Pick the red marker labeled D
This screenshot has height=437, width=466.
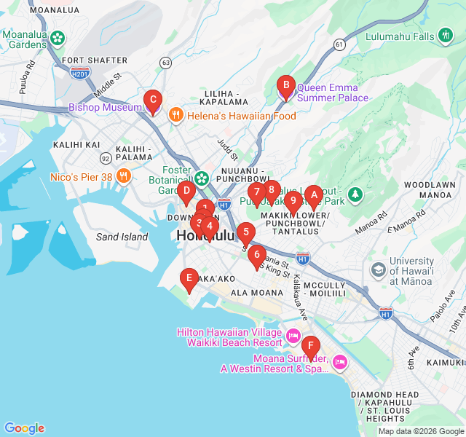(186, 193)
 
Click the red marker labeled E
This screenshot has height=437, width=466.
(189, 278)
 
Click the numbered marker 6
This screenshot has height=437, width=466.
(256, 256)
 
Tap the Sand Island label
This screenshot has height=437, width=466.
(122, 237)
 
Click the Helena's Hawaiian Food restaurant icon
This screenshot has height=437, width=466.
(175, 115)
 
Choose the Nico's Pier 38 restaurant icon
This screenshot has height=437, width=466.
(124, 176)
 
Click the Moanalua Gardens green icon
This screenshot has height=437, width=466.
(58, 37)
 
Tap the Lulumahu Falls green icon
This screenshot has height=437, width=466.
(446, 36)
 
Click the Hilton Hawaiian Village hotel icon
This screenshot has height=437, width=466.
(293, 336)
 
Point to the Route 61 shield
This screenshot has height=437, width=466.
(339, 44)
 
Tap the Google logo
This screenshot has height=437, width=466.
(24, 428)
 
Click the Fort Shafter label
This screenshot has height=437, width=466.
(89, 60)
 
